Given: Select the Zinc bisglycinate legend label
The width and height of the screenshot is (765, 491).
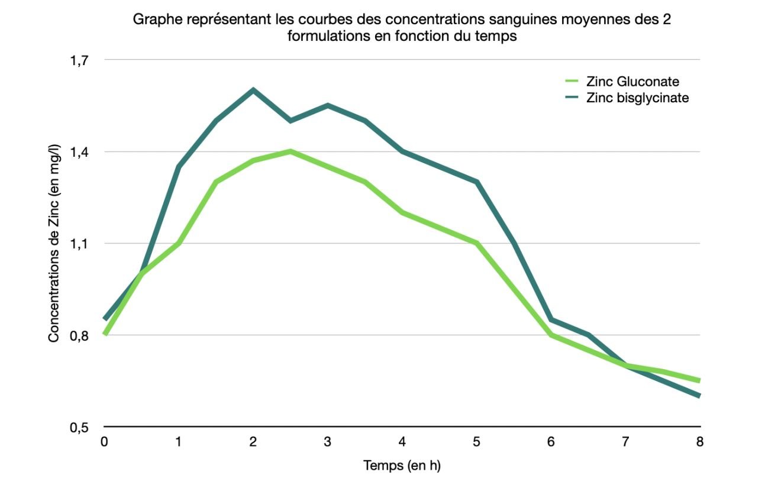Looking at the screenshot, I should (x=637, y=98).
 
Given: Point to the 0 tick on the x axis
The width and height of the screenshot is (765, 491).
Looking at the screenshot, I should (x=104, y=441).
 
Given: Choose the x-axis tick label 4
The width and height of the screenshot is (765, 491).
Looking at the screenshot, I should (x=402, y=441).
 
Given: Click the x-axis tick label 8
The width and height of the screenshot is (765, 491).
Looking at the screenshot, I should (x=700, y=441).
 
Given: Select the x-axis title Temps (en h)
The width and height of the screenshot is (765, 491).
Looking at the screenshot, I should (x=402, y=466).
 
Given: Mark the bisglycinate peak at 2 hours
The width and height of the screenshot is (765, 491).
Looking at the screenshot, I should (x=253, y=90).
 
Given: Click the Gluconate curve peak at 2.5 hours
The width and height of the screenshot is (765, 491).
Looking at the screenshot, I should (x=290, y=151).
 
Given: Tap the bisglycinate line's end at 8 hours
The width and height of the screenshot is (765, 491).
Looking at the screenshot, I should (x=699, y=396).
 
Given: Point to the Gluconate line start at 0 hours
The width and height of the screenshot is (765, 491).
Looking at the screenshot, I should (x=105, y=334).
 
